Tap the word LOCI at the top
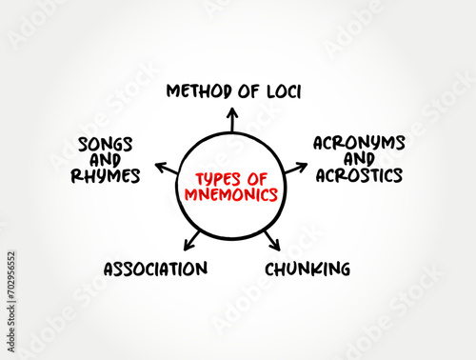coord(280,91)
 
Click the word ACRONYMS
coord(359,143)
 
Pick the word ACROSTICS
coord(359,175)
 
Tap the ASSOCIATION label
coord(155,269)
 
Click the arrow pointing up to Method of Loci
coord(231,119)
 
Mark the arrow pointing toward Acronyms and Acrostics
coord(295,169)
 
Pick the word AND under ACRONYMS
coord(359,159)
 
